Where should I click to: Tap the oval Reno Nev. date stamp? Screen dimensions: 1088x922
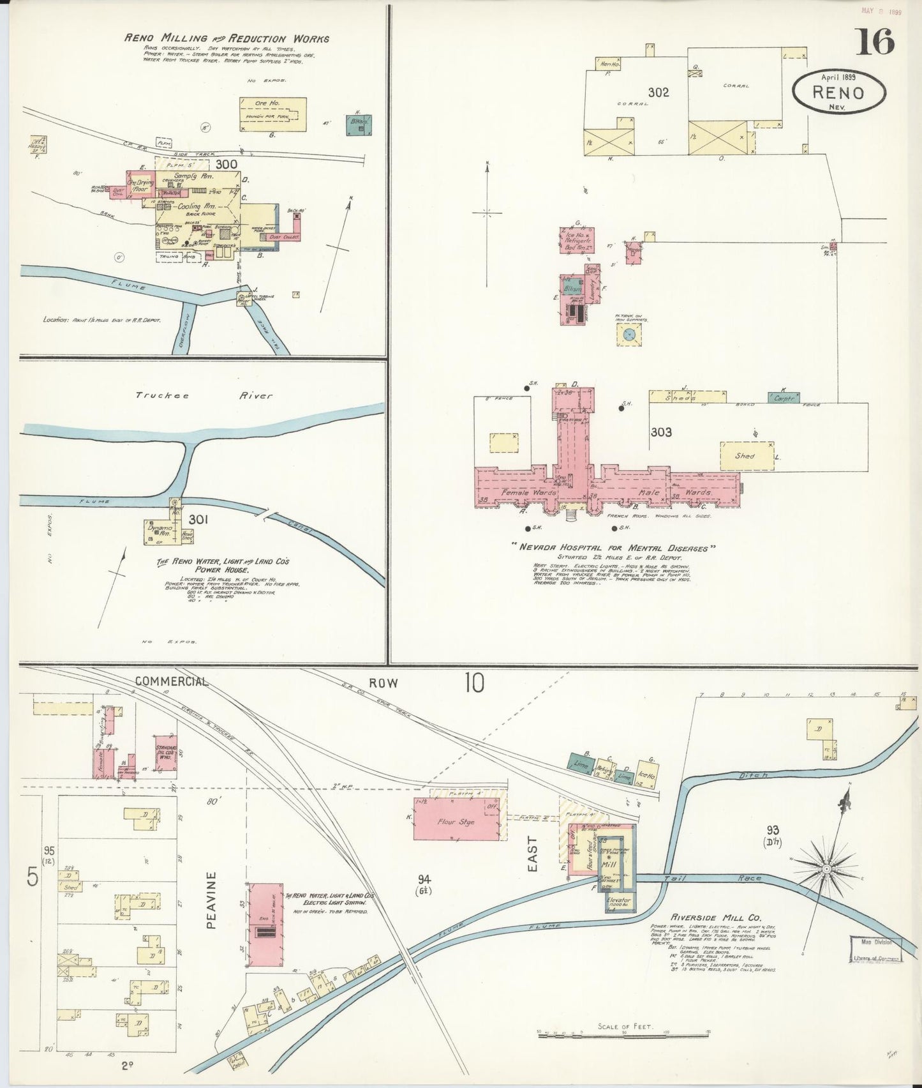[838, 92]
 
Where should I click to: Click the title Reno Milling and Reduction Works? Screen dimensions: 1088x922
[227, 38]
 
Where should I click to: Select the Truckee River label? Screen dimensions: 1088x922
[204, 395]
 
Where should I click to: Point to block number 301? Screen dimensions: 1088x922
[198, 520]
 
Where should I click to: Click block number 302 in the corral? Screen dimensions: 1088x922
[658, 93]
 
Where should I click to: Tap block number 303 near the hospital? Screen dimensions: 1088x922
[661, 432]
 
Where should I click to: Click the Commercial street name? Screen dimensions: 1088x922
[171, 682]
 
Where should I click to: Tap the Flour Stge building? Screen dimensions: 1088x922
[456, 822]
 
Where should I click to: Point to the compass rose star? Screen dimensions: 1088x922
[826, 870]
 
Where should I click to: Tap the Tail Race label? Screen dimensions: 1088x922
[713, 879]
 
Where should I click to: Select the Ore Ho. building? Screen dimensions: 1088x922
[272, 114]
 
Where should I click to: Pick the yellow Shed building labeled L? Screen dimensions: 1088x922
[747, 456]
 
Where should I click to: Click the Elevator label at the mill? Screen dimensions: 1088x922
[618, 900]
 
